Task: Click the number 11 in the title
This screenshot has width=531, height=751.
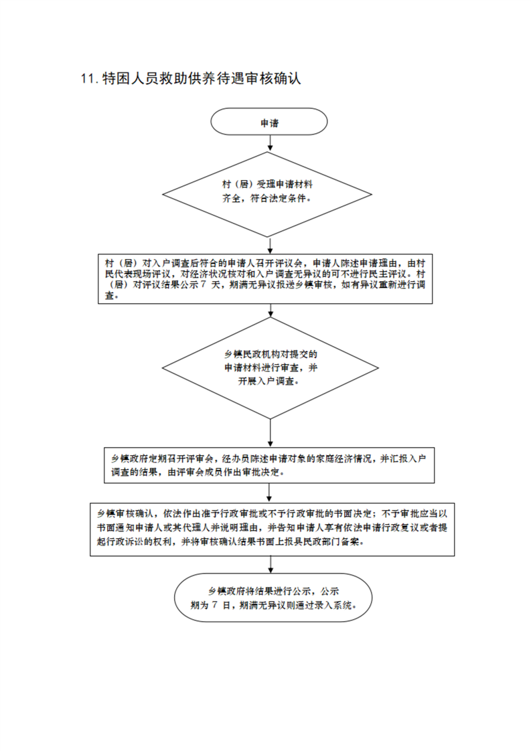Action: click(x=88, y=79)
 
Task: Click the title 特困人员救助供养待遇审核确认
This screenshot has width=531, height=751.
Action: click(x=202, y=79)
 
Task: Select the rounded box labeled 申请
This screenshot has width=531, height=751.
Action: click(x=269, y=122)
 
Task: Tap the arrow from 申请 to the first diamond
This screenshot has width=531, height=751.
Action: click(x=271, y=143)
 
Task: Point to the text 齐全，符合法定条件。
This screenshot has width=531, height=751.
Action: click(x=267, y=198)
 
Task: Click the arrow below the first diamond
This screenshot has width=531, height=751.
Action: click(x=271, y=245)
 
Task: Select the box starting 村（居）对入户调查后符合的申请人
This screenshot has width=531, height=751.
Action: click(x=265, y=278)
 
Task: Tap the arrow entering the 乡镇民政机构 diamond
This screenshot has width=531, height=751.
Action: click(x=271, y=311)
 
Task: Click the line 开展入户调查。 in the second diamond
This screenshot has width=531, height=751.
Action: click(x=269, y=382)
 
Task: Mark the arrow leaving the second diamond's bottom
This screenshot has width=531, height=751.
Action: click(x=271, y=433)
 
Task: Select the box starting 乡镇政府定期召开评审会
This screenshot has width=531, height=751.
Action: click(x=269, y=465)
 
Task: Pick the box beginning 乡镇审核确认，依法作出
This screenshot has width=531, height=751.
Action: click(x=273, y=529)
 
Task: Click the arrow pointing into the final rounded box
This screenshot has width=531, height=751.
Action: click(x=271, y=565)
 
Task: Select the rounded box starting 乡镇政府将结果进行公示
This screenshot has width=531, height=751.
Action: click(x=273, y=598)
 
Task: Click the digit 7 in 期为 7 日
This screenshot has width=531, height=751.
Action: click(x=214, y=605)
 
